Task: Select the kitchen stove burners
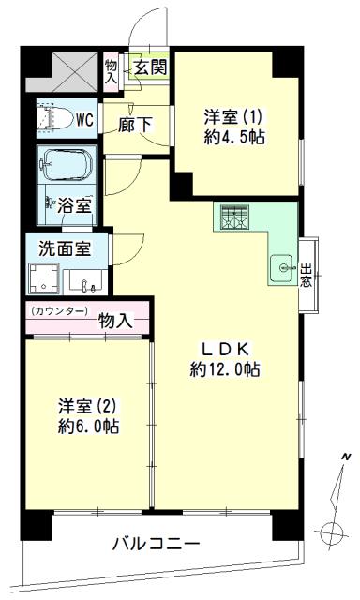[x=232, y=217]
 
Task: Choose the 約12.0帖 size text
[x=225, y=368]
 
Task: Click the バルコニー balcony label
[x=157, y=544]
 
